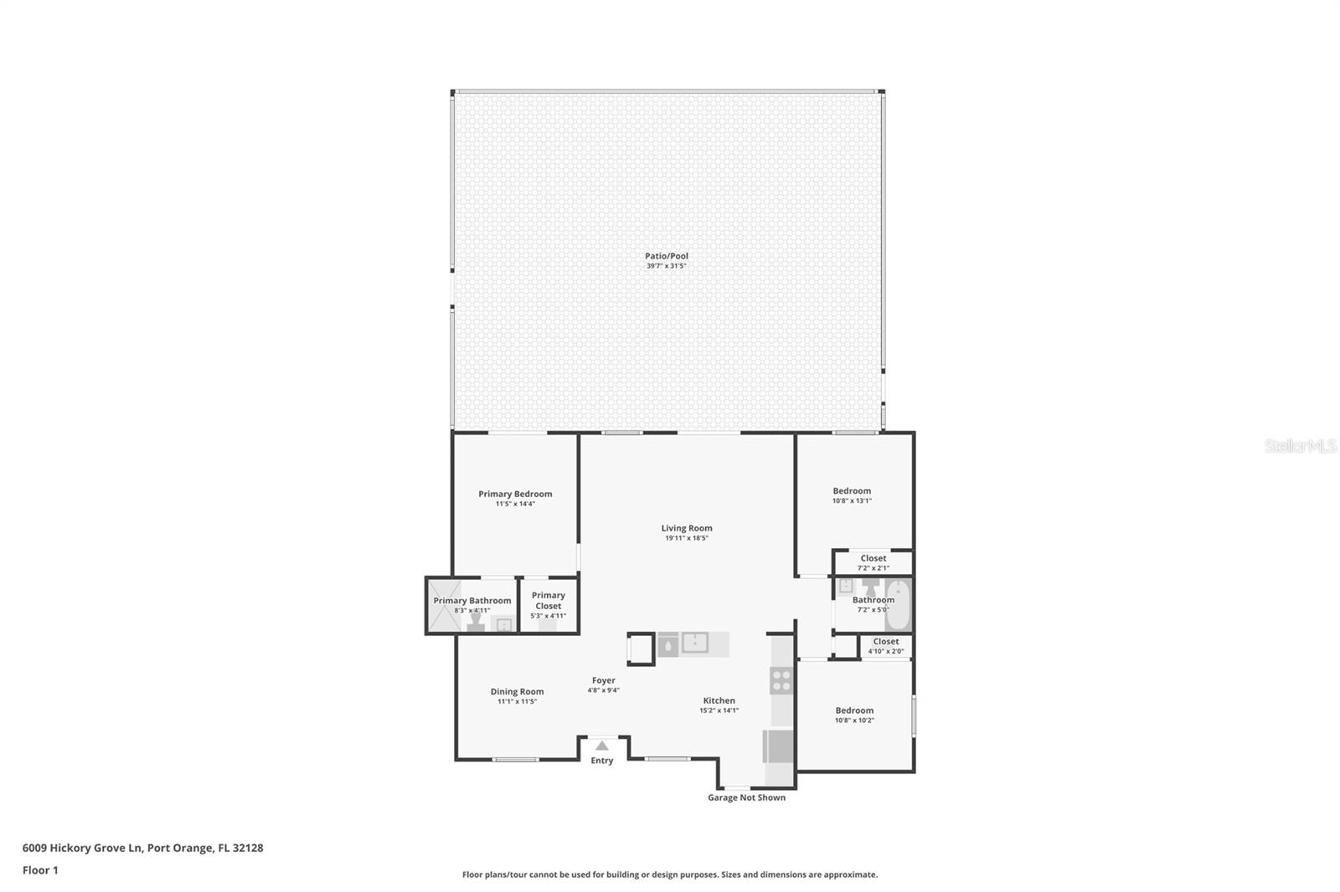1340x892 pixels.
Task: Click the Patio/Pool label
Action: pyautogui.click(x=666, y=256)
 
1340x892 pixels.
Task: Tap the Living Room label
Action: pyautogui.click(x=687, y=528)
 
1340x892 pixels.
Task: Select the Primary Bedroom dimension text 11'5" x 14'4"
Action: pyautogui.click(x=515, y=504)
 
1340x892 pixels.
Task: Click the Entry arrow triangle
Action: pyautogui.click(x=601, y=746)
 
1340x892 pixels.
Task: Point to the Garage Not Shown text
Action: pyautogui.click(x=746, y=797)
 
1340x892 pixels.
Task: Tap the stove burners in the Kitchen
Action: pyautogui.click(x=781, y=680)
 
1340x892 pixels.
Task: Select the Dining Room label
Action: pyautogui.click(x=517, y=691)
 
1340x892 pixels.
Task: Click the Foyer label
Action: pyautogui.click(x=603, y=680)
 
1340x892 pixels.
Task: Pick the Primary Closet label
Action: pyautogui.click(x=549, y=600)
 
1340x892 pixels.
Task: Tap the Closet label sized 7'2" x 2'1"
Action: pyautogui.click(x=873, y=558)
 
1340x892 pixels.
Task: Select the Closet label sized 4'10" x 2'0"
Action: pyautogui.click(x=885, y=642)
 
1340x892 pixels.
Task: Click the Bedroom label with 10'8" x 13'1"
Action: pyautogui.click(x=852, y=491)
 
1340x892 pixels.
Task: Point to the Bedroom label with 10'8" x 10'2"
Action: pyautogui.click(x=854, y=710)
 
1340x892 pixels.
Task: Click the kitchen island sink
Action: pyautogui.click(x=694, y=643)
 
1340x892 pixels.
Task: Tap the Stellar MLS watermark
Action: pyautogui.click(x=1300, y=447)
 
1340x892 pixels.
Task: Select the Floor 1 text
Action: pyautogui.click(x=40, y=870)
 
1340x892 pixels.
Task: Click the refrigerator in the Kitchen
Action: pyautogui.click(x=778, y=746)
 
